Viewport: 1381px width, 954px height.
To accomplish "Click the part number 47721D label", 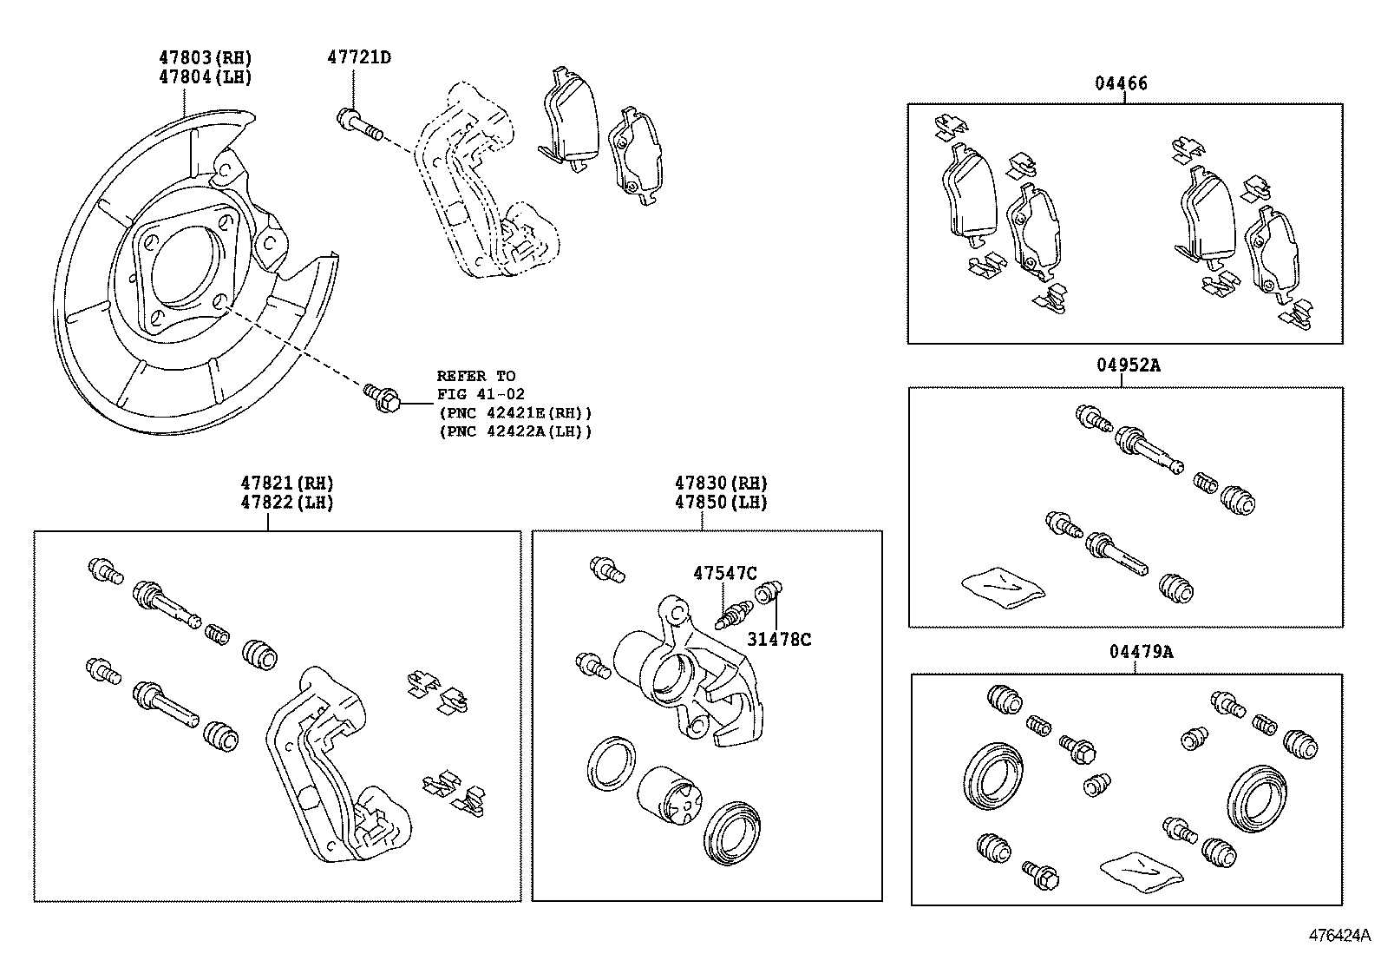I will tap(358, 57).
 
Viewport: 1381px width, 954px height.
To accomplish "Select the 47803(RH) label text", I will tap(205, 57).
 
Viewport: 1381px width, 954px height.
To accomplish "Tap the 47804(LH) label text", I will tap(205, 76).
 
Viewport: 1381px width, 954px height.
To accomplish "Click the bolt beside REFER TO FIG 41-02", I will tap(382, 398).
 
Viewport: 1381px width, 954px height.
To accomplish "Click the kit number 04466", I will tap(1120, 83).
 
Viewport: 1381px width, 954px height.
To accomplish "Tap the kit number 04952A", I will tap(1127, 365).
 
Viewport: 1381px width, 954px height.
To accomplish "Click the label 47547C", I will tap(724, 573).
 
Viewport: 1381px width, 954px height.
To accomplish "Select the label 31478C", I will tap(779, 640).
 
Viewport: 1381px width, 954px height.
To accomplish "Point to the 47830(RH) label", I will tap(722, 483).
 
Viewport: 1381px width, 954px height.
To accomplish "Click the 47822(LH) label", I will tap(287, 502).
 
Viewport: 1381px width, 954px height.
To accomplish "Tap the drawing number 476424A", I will tap(1339, 936).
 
